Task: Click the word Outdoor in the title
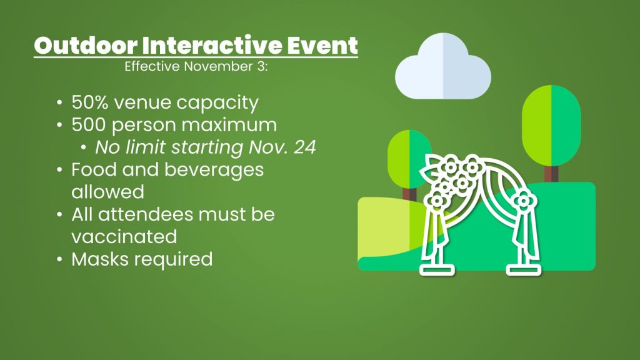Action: tap(86, 45)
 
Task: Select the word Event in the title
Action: tap(322, 45)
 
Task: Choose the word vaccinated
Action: tap(124, 237)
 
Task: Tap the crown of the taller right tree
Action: tap(551, 124)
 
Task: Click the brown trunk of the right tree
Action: tap(551, 174)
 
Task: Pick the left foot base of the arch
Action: tap(437, 270)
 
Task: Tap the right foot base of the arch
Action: tap(524, 270)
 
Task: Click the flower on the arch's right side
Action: tap(524, 201)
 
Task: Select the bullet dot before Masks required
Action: tap(60, 259)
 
